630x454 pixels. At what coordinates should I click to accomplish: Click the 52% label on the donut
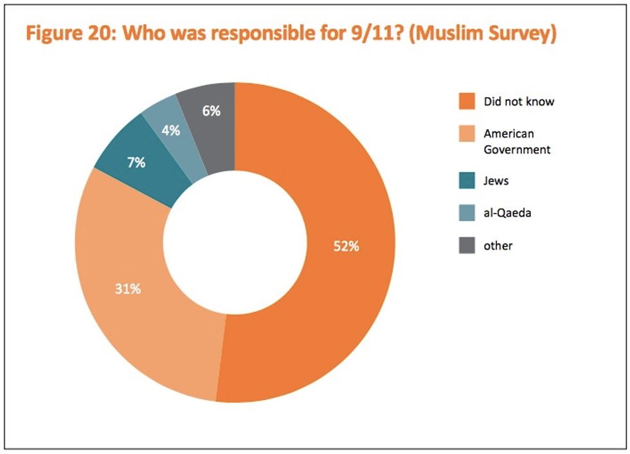click(x=345, y=246)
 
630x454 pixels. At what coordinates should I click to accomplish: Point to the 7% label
click(x=136, y=163)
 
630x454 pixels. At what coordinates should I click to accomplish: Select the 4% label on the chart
click(x=170, y=130)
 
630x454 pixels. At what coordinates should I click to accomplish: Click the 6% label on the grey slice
click(x=212, y=111)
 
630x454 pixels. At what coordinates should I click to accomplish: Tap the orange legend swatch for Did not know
click(x=467, y=102)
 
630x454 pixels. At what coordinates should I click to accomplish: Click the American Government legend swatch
click(x=467, y=134)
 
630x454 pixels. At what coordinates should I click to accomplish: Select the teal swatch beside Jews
click(x=467, y=181)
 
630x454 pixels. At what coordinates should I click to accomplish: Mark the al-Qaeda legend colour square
click(x=467, y=213)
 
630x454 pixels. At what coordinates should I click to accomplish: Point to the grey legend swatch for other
click(x=467, y=245)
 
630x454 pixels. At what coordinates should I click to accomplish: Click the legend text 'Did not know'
click(x=519, y=102)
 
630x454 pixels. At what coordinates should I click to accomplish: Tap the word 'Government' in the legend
click(x=517, y=149)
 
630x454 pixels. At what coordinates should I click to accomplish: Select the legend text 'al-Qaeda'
click(x=507, y=213)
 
